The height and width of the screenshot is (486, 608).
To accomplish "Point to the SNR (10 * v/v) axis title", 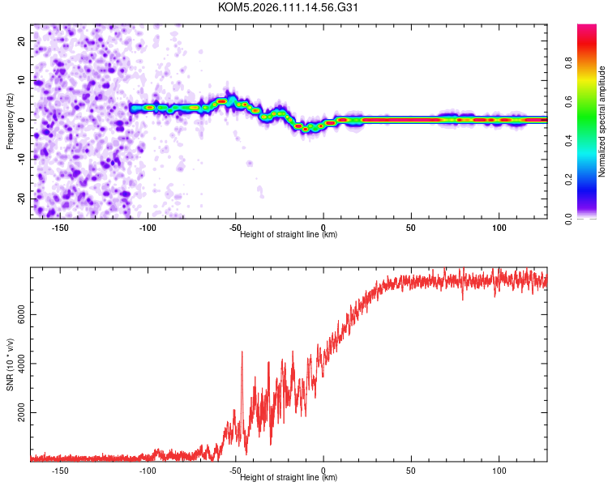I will coord(10,364).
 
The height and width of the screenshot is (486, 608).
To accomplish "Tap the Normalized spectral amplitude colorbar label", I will coord(602,121).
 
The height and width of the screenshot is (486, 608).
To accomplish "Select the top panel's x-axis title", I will coord(289,234).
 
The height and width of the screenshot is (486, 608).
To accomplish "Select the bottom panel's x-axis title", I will coord(289,477).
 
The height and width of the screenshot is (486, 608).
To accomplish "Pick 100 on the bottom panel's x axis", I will coord(499,471).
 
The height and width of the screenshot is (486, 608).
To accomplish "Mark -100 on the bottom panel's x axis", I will coord(148,471).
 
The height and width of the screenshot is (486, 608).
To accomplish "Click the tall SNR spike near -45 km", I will coord(242,353).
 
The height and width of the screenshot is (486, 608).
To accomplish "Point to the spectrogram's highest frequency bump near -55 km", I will coord(221,100).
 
